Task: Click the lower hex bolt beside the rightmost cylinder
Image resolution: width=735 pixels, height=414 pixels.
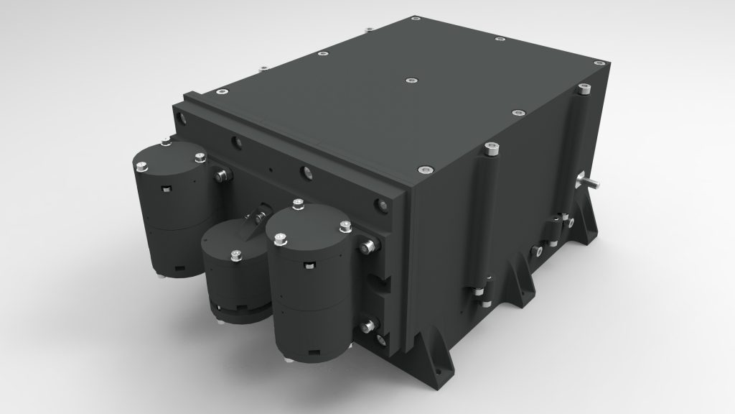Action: tap(370, 325)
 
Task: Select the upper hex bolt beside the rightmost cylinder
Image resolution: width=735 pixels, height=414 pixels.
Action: tap(369, 247)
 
